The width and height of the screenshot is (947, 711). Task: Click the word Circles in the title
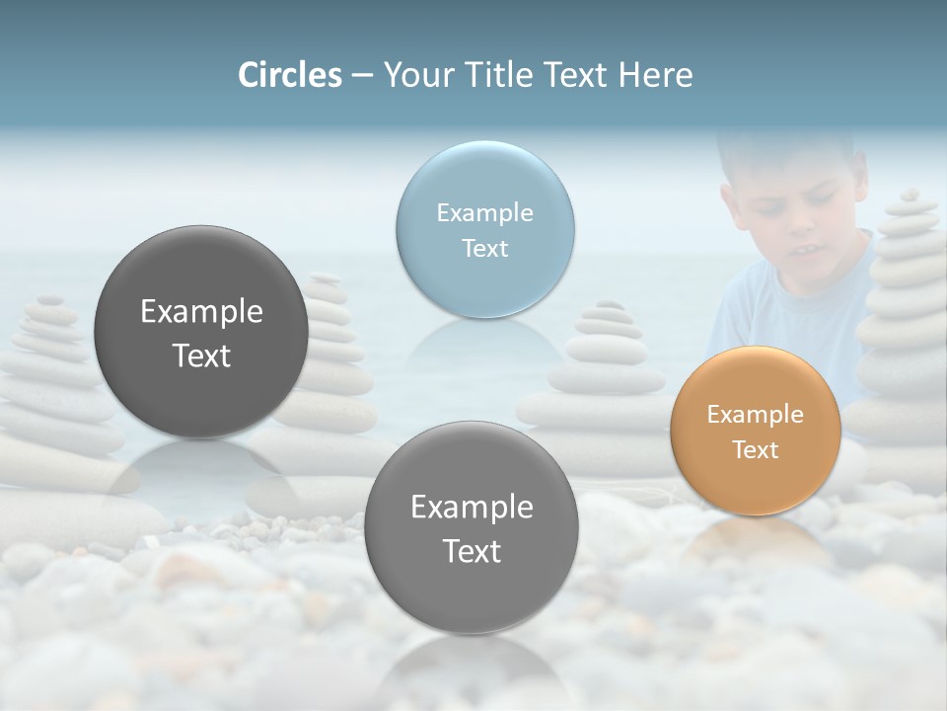[x=289, y=75]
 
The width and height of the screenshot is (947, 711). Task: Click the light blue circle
[x=484, y=229]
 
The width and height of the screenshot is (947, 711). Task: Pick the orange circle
[x=755, y=431]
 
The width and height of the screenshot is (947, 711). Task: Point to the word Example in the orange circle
[x=755, y=414]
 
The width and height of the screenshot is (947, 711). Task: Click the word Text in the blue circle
[x=484, y=248]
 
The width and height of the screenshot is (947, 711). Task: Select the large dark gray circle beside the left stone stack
[x=201, y=332]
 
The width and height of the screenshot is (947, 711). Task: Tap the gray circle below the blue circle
[x=471, y=527]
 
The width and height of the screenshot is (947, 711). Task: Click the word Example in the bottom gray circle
[x=472, y=507]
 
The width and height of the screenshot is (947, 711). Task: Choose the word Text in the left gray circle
[x=201, y=355]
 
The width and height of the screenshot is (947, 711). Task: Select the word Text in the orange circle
[x=756, y=449]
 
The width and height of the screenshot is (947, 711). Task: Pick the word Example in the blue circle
[x=484, y=212]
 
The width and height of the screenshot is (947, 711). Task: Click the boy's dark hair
[x=779, y=148]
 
